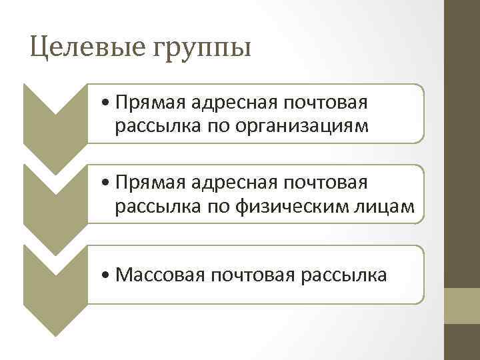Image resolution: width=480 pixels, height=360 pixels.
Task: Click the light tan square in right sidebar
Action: pos(462,306)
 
